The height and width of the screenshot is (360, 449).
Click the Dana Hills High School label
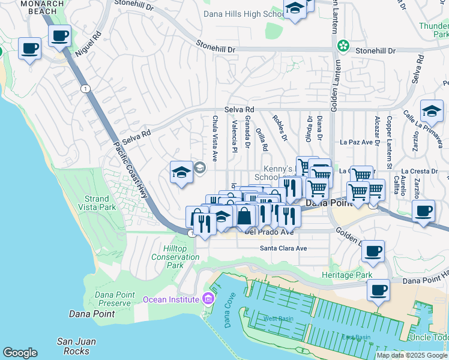tap(243, 14)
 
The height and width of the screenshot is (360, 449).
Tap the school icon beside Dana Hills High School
tap(295, 9)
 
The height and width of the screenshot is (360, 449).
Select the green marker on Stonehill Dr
tap(343, 45)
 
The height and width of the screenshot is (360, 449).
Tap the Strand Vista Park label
tap(97, 202)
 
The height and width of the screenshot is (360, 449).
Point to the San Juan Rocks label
tap(76, 346)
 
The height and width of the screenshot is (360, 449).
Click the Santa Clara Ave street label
tap(283, 248)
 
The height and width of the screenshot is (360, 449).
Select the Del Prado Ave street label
tap(269, 232)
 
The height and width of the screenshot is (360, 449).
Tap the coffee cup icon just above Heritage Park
tap(373, 251)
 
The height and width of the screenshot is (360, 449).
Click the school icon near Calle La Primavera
tap(432, 111)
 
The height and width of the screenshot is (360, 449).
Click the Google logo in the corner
tap(20, 353)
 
